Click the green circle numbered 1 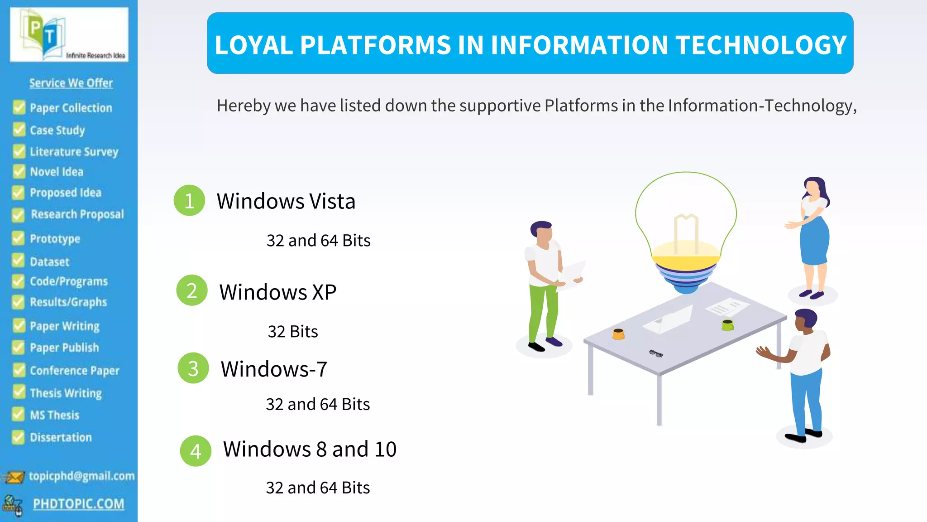189,200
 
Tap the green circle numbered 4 196,451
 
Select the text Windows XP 277,292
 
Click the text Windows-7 274,369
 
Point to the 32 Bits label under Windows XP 293,331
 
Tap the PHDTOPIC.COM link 78,503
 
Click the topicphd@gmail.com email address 81,476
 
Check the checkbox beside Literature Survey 19,151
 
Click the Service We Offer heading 71,83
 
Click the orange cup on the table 618,334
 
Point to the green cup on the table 727,324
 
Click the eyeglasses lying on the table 656,353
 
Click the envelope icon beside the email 14,477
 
